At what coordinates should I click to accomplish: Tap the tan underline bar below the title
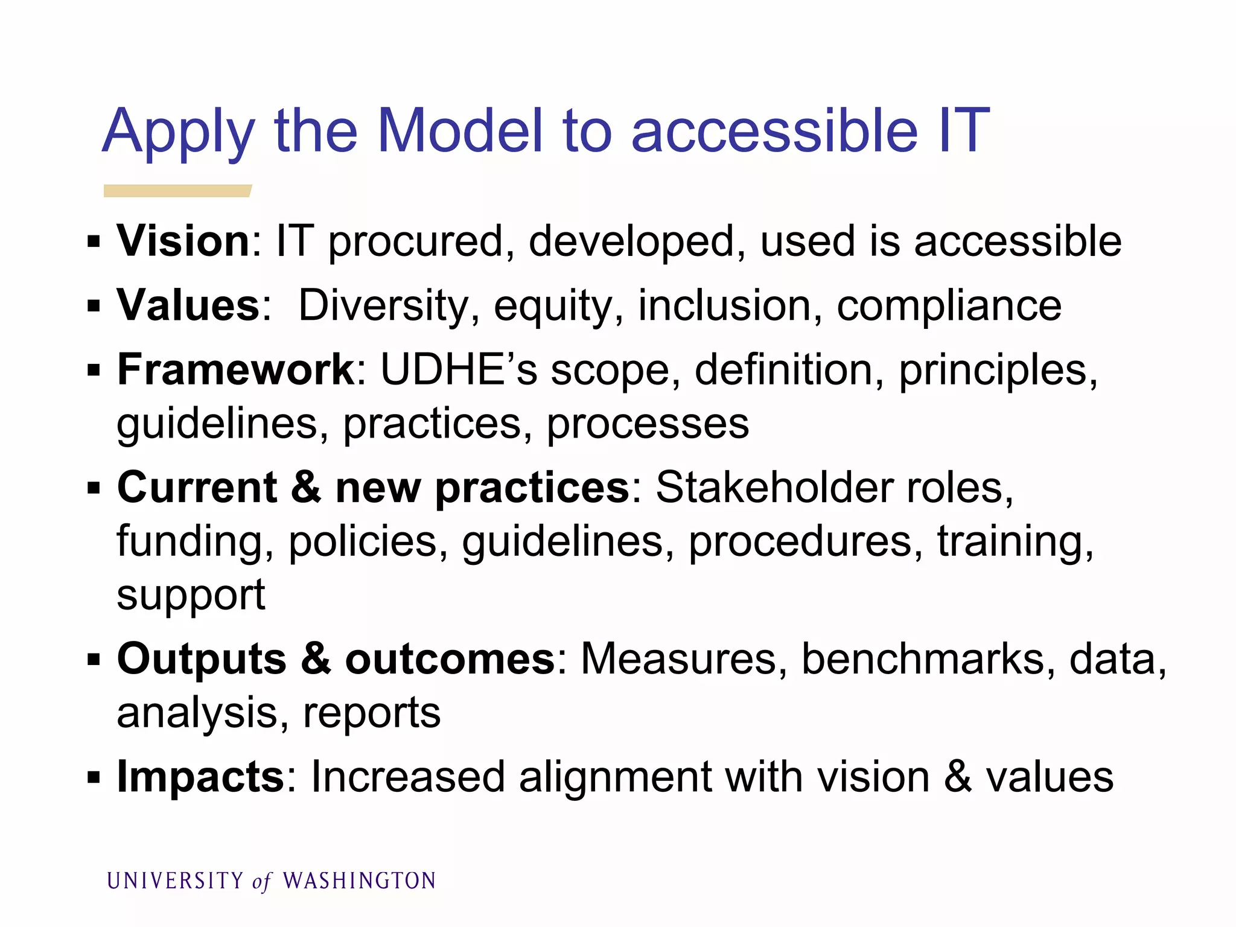(177, 191)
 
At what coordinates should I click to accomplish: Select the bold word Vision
(183, 241)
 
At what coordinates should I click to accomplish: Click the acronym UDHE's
(459, 369)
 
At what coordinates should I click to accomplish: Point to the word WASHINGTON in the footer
(359, 881)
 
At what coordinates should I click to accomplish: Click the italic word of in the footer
(262, 882)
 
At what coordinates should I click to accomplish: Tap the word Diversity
(384, 305)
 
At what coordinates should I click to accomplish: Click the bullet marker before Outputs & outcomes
(94, 659)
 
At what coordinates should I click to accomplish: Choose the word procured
(416, 241)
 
